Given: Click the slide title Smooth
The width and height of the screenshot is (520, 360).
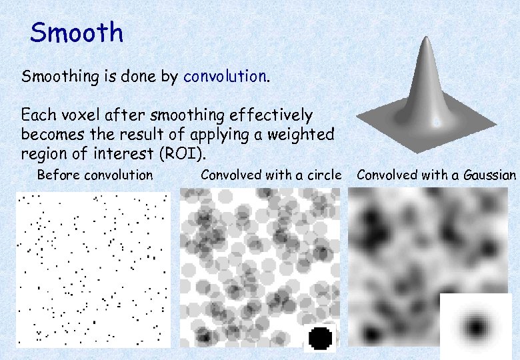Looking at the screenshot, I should [x=77, y=32].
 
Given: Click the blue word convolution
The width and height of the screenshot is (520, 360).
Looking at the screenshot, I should [x=225, y=77].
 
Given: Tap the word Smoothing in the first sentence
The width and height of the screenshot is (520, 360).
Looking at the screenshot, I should [x=60, y=77].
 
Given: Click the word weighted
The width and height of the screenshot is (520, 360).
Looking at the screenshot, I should [x=301, y=134].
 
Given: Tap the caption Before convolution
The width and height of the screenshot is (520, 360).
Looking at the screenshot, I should [x=95, y=175].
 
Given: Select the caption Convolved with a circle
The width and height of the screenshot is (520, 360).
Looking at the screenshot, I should [x=271, y=175].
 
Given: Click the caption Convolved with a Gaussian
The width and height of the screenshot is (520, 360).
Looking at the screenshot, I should [x=436, y=175].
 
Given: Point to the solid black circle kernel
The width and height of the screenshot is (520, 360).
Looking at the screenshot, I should [x=321, y=338].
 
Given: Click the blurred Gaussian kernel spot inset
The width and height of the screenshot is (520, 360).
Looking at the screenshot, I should [x=476, y=327].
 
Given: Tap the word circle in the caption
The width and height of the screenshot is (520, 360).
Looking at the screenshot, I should [x=325, y=175].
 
